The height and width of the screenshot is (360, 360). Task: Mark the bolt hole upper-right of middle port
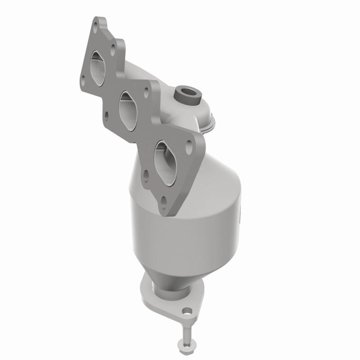coord(146,94)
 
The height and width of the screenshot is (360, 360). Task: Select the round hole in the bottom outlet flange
coord(187,310)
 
